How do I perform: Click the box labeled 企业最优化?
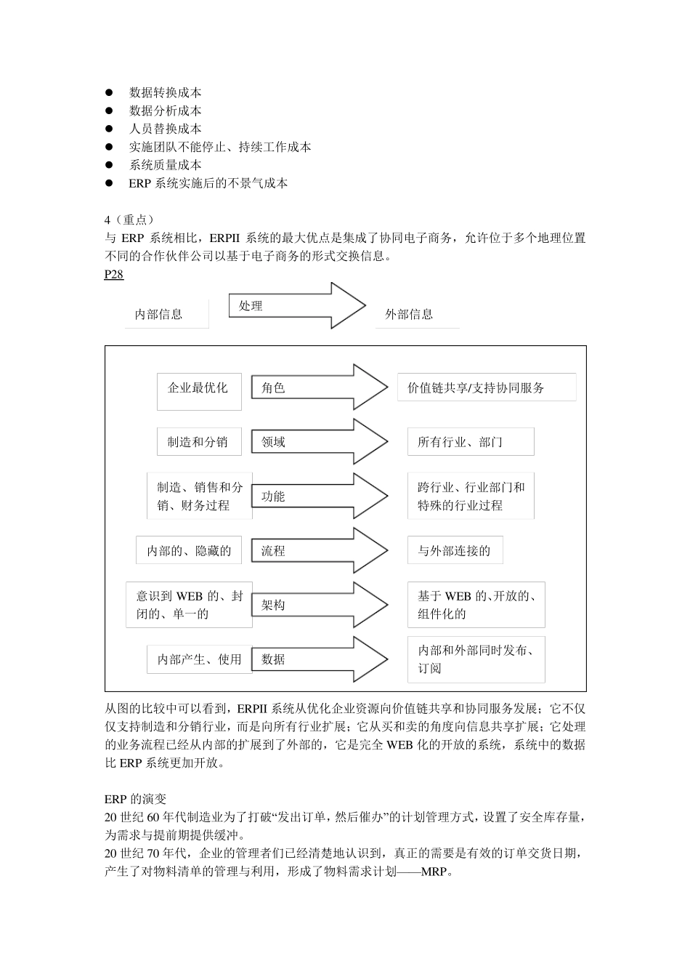tap(198, 388)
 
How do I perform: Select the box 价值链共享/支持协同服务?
tap(486, 387)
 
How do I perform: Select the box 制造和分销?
tap(198, 442)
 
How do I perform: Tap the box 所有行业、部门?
tap(470, 442)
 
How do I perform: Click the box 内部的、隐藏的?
tap(189, 551)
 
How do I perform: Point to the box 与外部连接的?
tap(455, 551)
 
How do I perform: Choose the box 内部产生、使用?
tap(199, 659)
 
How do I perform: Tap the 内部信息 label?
tap(158, 314)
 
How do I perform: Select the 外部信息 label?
tap(409, 314)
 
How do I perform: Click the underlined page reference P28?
tap(114, 274)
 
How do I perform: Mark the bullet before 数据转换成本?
tap(110, 92)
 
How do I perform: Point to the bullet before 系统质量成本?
tap(110, 165)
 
